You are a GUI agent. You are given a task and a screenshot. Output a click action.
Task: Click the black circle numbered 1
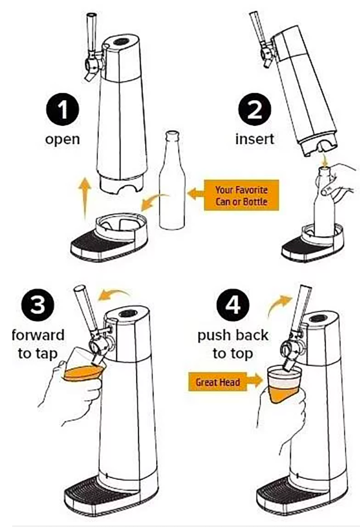[62, 110]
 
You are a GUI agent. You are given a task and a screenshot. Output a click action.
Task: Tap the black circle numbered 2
[255, 110]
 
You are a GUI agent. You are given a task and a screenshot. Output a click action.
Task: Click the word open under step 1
[62, 140]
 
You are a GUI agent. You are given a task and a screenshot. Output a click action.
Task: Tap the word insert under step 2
[255, 139]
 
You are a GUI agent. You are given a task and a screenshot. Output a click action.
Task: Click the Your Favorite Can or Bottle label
[241, 195]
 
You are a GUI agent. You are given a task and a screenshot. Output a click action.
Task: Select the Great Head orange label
[218, 382]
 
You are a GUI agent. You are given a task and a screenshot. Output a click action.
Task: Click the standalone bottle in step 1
[172, 180]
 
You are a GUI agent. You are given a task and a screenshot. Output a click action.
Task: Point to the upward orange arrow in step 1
[85, 198]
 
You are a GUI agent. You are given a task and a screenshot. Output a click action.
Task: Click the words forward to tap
[38, 344]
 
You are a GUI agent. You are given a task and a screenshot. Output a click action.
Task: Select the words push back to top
[233, 344]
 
